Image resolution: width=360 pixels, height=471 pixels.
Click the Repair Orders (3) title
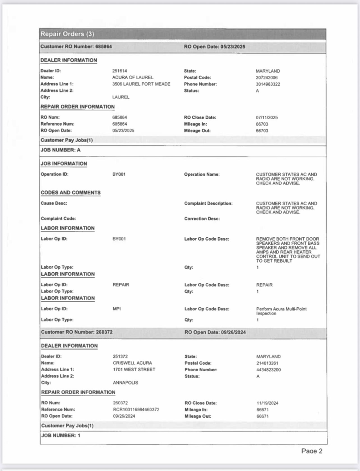[67, 34]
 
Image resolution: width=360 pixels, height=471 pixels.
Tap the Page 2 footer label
[312, 451]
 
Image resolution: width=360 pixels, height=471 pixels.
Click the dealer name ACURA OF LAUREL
[133, 78]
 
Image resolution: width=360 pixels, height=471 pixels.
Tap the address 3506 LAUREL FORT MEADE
[141, 84]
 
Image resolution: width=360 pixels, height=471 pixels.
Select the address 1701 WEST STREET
[134, 369]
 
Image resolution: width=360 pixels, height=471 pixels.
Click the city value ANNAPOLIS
[125, 383]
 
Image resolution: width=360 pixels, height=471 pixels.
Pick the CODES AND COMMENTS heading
[70, 192]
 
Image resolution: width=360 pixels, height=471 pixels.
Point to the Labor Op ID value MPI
[116, 309]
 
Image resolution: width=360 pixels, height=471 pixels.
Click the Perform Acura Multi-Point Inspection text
[281, 311]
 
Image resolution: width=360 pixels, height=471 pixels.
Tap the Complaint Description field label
[208, 203]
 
